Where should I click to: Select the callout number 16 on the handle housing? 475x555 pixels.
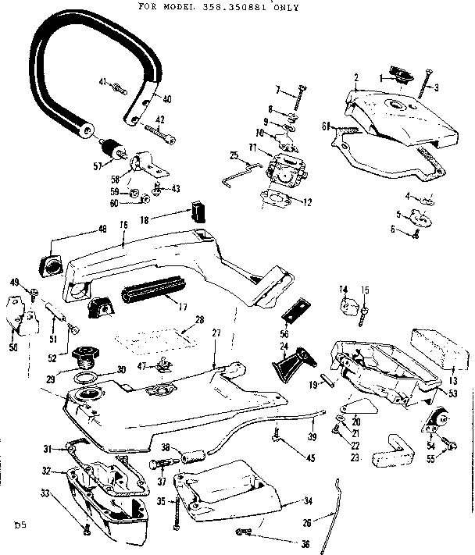pyautogui.click(x=123, y=224)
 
